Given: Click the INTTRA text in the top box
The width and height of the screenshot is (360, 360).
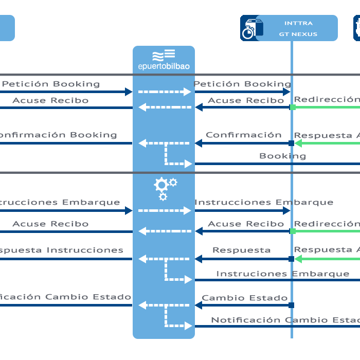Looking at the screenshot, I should [x=298, y=23].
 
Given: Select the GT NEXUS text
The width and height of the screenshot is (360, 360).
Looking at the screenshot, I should [x=298, y=34].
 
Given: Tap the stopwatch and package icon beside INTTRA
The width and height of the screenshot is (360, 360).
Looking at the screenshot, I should [x=251, y=29].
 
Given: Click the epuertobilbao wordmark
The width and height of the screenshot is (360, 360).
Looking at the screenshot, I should [x=164, y=66].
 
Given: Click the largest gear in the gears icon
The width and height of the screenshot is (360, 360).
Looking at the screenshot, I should [x=161, y=185].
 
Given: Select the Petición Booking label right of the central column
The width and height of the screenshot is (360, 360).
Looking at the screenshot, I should [x=242, y=84].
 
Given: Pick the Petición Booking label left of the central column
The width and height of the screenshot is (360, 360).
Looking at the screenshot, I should [x=51, y=84].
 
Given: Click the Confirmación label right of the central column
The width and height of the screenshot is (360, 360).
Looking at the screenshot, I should [x=243, y=135].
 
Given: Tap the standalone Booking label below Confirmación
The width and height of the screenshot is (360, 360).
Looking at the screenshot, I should [x=282, y=156].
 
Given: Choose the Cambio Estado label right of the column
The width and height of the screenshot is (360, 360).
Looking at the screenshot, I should [x=244, y=298].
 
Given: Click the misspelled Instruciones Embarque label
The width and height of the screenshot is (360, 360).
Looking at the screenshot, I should [x=282, y=274].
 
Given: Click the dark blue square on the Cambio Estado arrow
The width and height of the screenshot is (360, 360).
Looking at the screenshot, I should [x=291, y=305].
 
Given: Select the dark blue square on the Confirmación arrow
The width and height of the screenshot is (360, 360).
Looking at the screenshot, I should [x=291, y=143].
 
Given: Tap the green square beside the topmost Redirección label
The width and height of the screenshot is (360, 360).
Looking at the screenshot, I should [x=293, y=107].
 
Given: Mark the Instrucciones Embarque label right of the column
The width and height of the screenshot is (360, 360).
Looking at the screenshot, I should [x=263, y=202].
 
